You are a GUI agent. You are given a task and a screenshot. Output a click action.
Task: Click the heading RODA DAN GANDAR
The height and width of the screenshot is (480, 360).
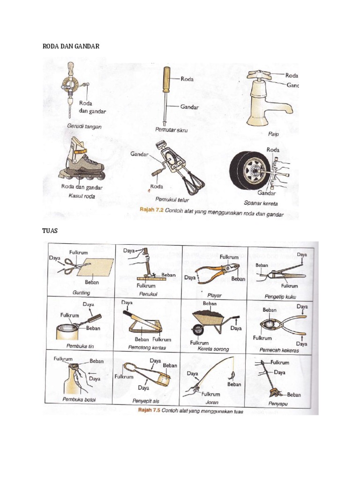pyautogui.click(x=71, y=46)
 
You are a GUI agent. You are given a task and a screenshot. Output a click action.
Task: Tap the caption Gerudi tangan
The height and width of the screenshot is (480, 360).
pyautogui.click(x=84, y=127)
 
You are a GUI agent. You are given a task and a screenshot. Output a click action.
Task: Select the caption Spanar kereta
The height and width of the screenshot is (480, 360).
pyautogui.click(x=260, y=203)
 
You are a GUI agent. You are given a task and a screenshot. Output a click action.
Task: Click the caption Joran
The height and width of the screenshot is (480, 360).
pyautogui.click(x=212, y=402)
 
